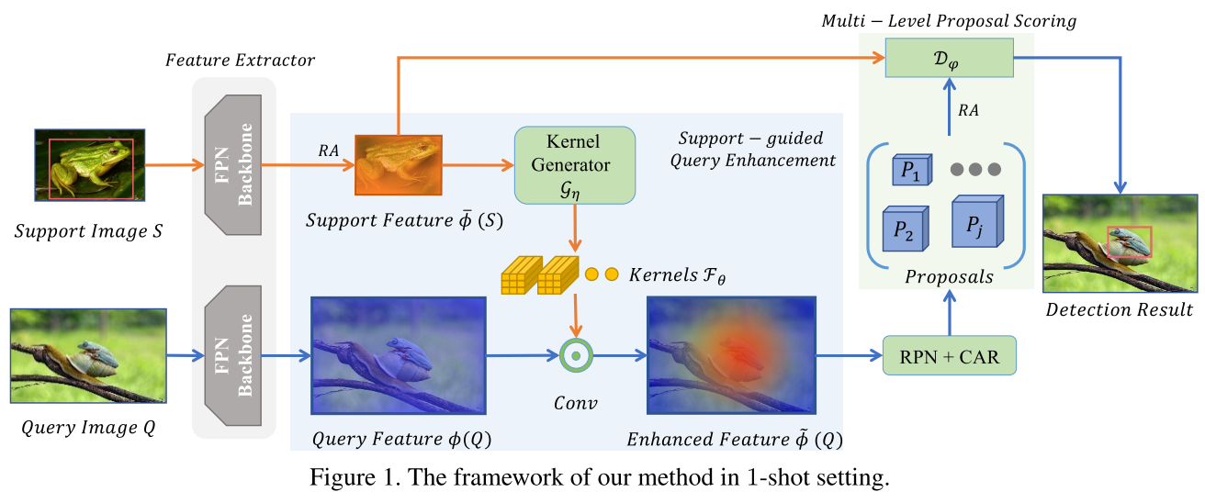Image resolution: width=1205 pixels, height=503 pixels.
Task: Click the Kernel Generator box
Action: point(575,165)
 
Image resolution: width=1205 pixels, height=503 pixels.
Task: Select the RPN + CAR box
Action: point(949,355)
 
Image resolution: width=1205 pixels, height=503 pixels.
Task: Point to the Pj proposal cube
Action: point(973,221)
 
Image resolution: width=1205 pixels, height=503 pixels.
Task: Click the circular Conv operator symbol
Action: point(575,354)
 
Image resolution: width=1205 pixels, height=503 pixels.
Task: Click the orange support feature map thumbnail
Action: point(399,165)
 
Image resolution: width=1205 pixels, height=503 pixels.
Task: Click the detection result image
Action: point(1120,242)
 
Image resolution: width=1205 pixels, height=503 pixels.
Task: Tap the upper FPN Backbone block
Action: point(233,165)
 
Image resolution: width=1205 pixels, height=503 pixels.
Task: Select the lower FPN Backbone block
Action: point(233,353)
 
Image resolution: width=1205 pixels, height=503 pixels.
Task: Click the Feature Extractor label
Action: point(240,61)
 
